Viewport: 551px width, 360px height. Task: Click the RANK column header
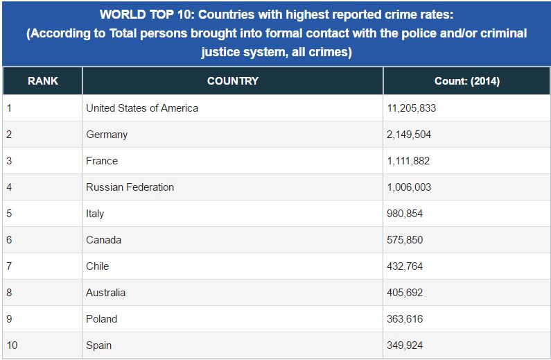[x=43, y=81]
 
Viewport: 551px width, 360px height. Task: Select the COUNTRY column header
[x=233, y=81]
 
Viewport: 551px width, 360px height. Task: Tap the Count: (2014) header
[x=467, y=81]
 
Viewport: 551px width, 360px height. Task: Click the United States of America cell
[x=142, y=108]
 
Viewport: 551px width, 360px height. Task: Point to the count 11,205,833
[x=412, y=108]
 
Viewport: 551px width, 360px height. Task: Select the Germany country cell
[x=107, y=135]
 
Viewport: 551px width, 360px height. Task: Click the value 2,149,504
[x=409, y=135]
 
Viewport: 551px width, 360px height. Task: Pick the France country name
[x=102, y=161]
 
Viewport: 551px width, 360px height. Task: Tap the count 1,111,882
[x=408, y=161]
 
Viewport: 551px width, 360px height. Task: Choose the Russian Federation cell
[x=130, y=187]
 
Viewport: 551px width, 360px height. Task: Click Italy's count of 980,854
[x=405, y=214]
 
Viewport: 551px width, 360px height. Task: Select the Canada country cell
[x=104, y=240]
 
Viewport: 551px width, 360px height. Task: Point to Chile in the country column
[x=97, y=266]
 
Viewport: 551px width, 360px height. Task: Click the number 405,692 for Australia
[x=405, y=293]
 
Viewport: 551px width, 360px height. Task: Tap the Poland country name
[x=102, y=319]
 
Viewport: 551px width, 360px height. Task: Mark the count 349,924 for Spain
[x=405, y=345]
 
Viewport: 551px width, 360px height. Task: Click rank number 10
[x=12, y=345]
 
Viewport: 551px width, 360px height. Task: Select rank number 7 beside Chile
[x=9, y=266]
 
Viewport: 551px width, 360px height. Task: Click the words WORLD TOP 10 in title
[x=148, y=15]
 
